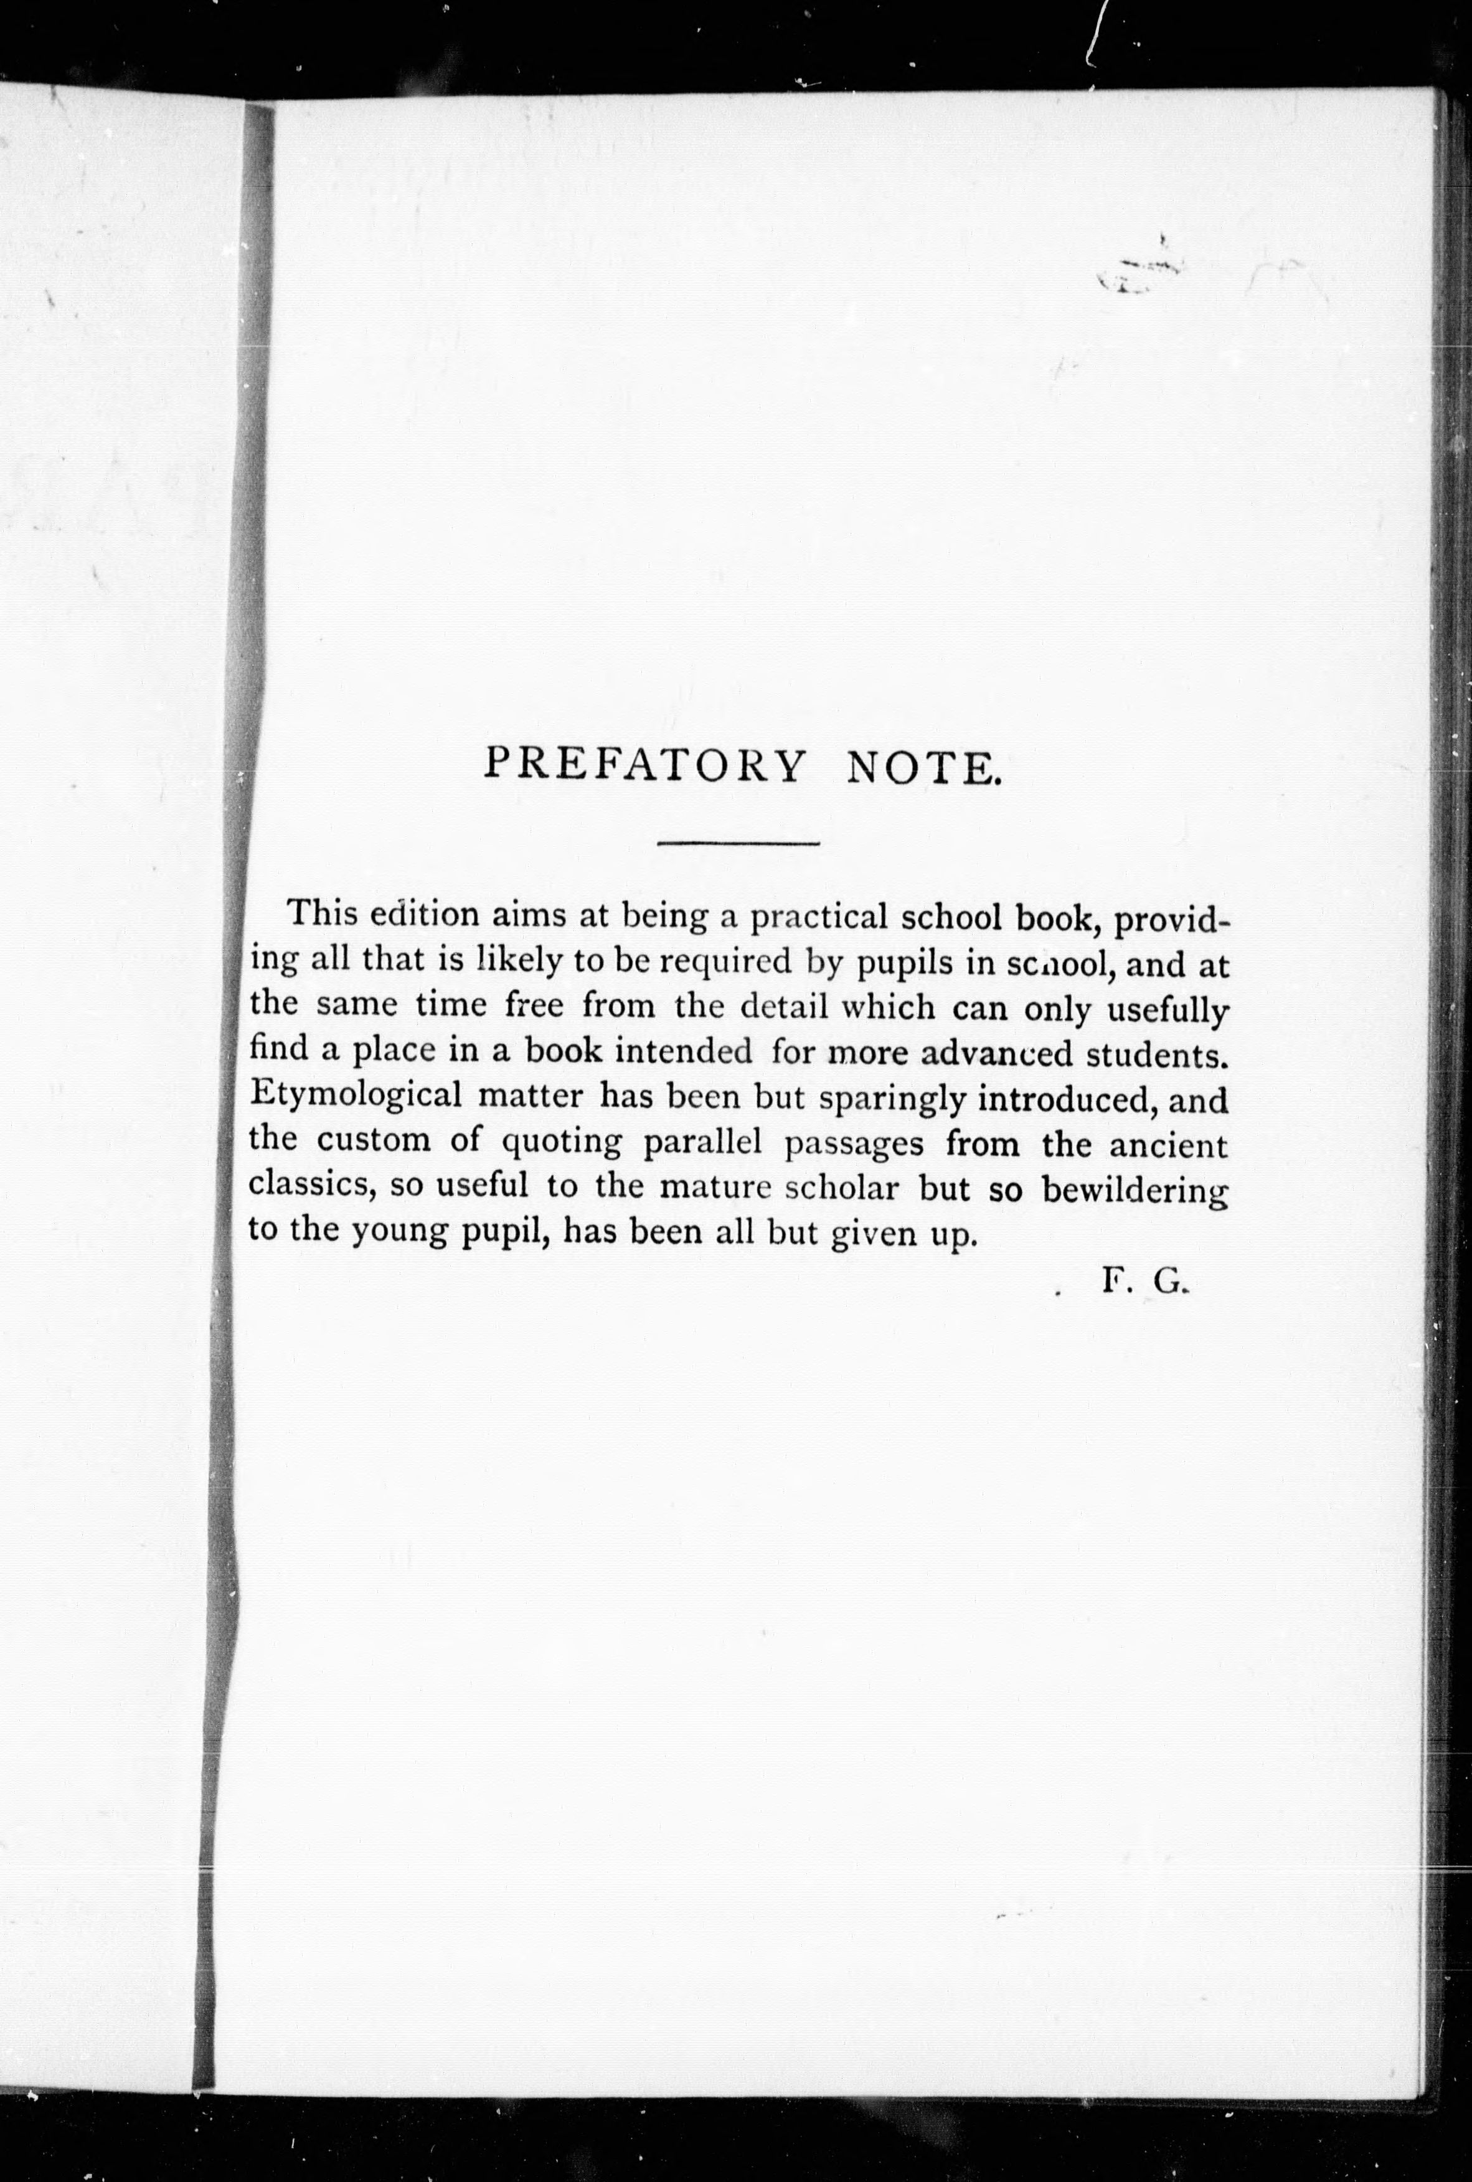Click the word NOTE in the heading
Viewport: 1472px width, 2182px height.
point(920,768)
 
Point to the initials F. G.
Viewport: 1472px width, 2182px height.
point(1145,1283)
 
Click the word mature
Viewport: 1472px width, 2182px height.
point(714,1188)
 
